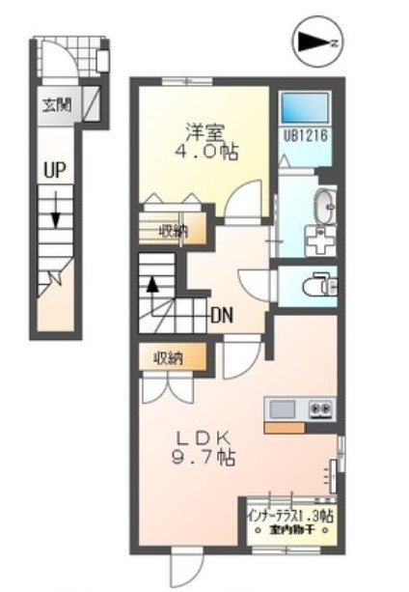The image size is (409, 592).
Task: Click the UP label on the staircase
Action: point(53,170)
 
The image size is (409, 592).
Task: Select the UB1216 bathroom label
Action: point(307,136)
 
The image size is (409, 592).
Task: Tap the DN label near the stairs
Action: point(221,315)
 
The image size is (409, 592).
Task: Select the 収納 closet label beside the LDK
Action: point(168,358)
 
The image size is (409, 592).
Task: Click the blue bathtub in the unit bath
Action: point(307,110)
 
